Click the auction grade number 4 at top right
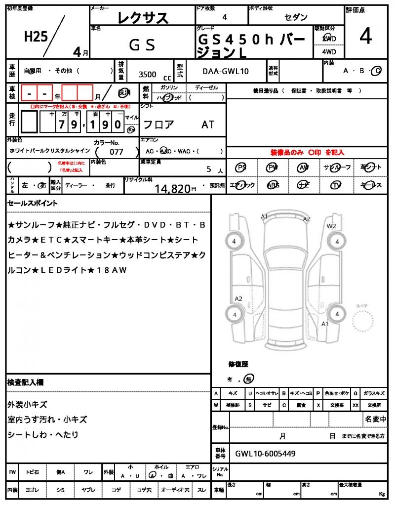point(366,38)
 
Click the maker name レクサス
point(143,18)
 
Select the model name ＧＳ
point(142,45)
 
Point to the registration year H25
point(36,37)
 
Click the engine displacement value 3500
point(148,75)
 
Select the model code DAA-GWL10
point(226,71)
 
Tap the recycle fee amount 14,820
point(172,188)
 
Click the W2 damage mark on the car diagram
point(331,226)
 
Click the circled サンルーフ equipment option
point(337,168)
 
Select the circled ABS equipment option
point(273,185)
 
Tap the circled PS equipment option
point(241,168)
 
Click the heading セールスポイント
point(33,203)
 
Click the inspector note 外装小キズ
point(28,404)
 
